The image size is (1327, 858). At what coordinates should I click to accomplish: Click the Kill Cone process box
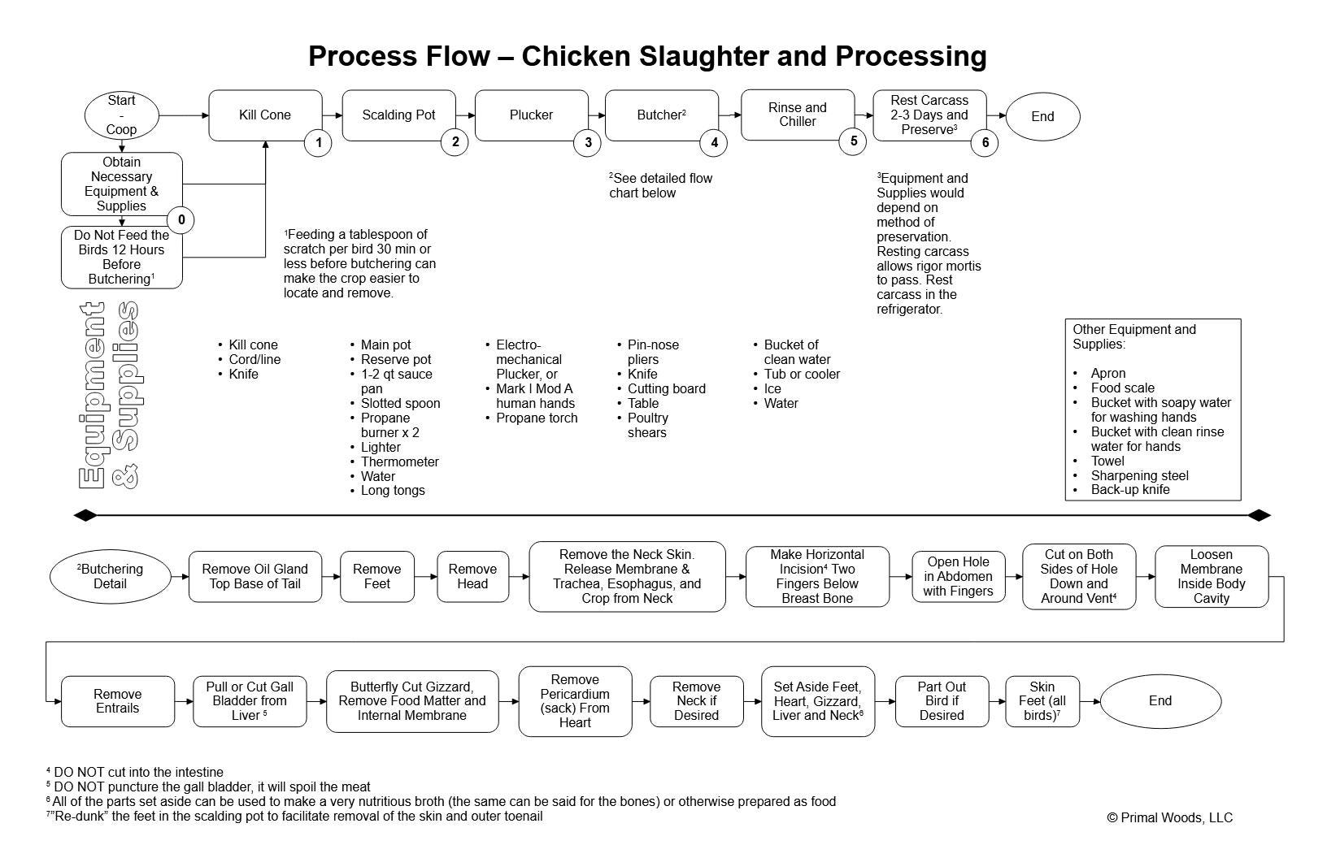(x=265, y=115)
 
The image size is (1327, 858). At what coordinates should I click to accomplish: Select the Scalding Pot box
(x=398, y=115)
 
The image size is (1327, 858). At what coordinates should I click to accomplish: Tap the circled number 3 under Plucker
(x=587, y=143)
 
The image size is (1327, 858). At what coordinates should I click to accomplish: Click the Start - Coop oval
(x=121, y=115)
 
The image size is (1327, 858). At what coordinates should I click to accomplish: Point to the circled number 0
(x=181, y=219)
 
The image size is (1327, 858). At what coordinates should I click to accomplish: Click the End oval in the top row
(x=1042, y=116)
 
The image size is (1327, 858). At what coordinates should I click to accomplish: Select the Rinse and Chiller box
(x=797, y=115)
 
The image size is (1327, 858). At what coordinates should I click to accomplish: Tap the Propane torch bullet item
(x=537, y=418)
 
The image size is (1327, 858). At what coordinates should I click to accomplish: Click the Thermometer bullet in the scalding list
(x=399, y=461)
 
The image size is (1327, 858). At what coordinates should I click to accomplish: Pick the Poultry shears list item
(x=647, y=425)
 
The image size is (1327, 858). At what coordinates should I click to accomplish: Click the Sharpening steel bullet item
(x=1139, y=475)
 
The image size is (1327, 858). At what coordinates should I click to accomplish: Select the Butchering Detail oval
(x=110, y=576)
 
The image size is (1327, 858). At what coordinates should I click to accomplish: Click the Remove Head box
(x=472, y=576)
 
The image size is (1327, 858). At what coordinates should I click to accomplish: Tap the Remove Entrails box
(x=117, y=701)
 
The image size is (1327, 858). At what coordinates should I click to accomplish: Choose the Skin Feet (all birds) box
(x=1042, y=701)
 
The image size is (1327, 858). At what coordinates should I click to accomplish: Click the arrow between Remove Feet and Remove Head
(x=425, y=576)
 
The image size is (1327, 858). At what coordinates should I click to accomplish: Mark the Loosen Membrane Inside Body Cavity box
(x=1211, y=576)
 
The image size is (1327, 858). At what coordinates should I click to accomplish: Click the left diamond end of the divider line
(x=85, y=515)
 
